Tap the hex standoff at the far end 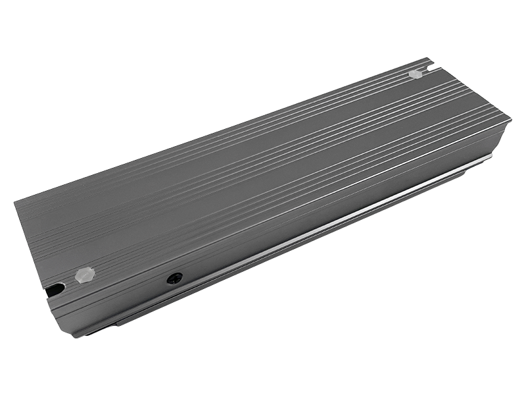[415, 74]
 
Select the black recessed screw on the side [174, 278]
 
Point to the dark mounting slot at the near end [56, 289]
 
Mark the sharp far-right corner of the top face [510, 118]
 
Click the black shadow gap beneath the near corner [95, 331]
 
